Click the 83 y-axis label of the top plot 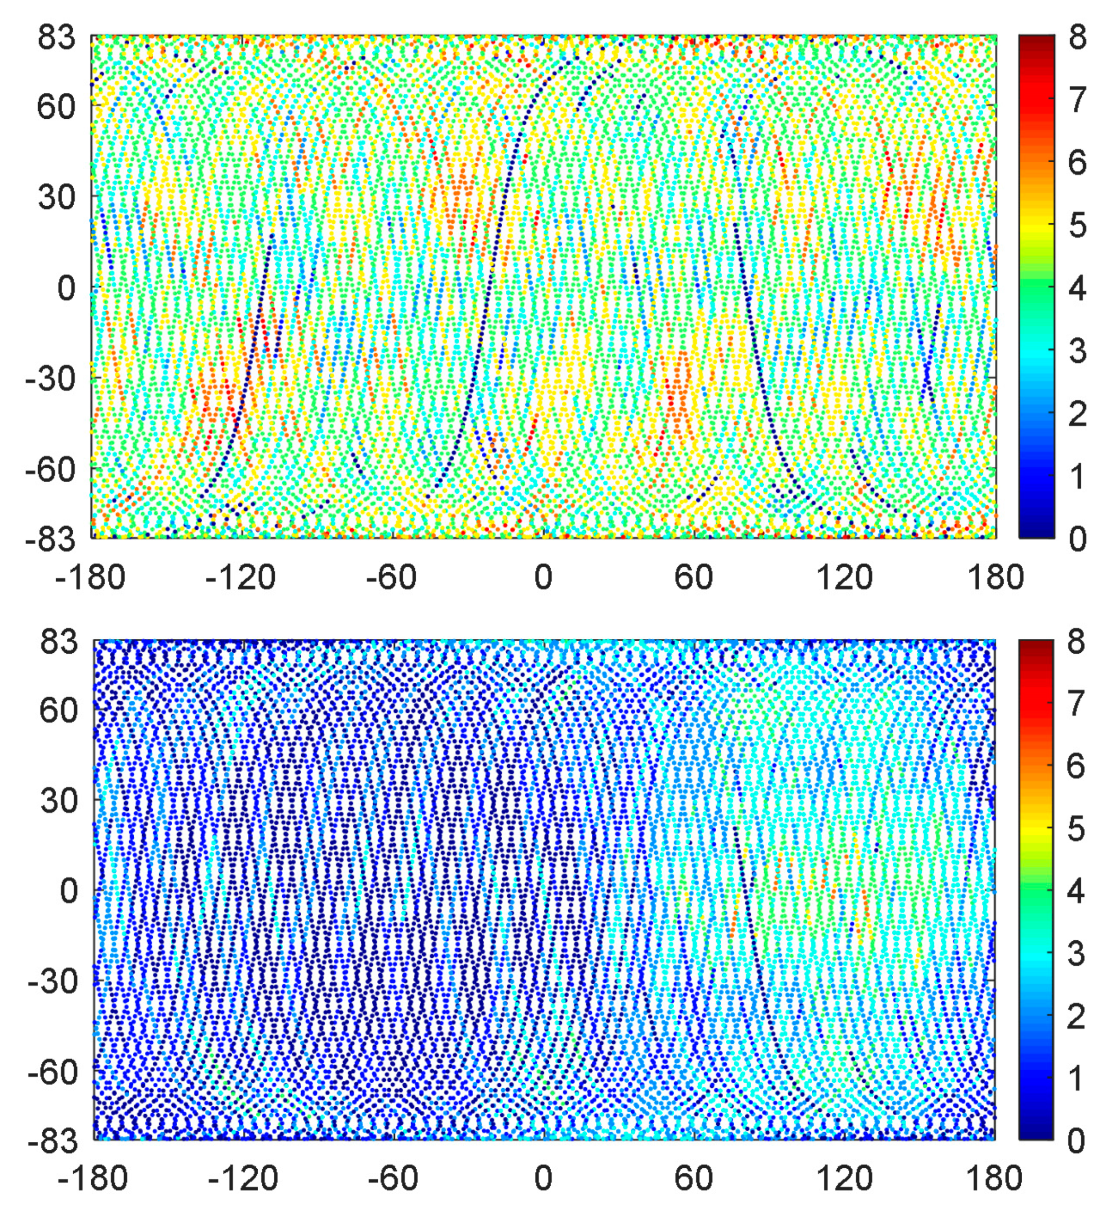coord(57,38)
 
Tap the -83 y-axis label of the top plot coord(51,539)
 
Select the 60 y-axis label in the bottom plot coord(59,711)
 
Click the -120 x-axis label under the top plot coord(240,578)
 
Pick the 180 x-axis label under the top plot coord(996,578)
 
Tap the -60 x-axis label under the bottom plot coord(392,1179)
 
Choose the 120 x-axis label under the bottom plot coord(845,1179)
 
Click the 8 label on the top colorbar coord(1077,38)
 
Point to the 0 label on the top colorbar coord(1077,539)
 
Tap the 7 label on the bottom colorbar coord(1076,704)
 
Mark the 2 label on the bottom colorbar coord(1076,1017)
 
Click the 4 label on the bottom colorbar coord(1076,891)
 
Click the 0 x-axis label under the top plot coord(543,578)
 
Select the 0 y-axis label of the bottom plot coord(69,891)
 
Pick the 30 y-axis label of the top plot coord(57,196)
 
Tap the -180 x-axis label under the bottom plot coord(93,1179)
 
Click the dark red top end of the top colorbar coord(1037,40)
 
